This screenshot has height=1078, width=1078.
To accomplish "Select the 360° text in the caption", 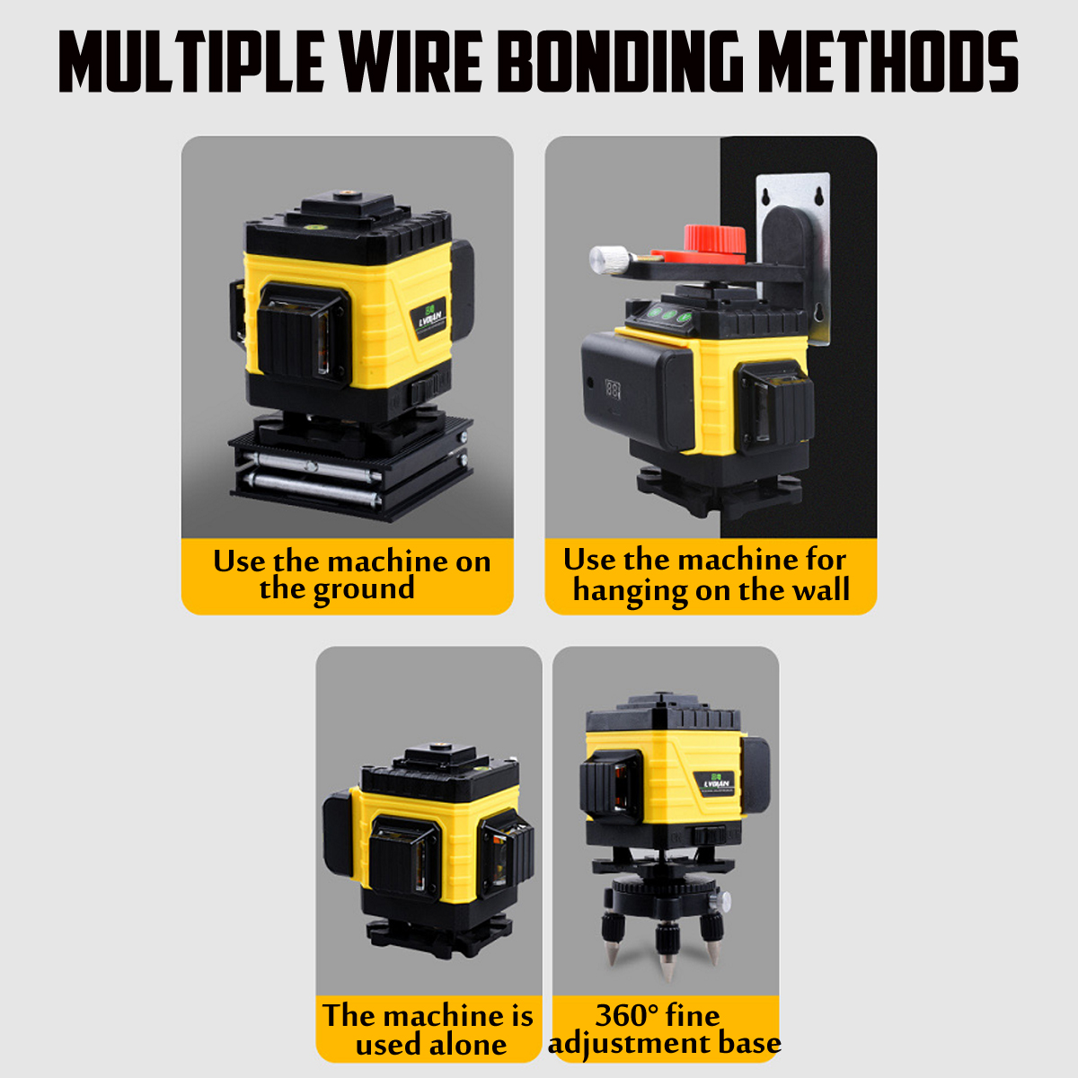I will [627, 1015].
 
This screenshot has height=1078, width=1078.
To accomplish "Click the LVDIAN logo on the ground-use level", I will [435, 318].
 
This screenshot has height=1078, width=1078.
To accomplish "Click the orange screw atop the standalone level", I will [439, 747].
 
